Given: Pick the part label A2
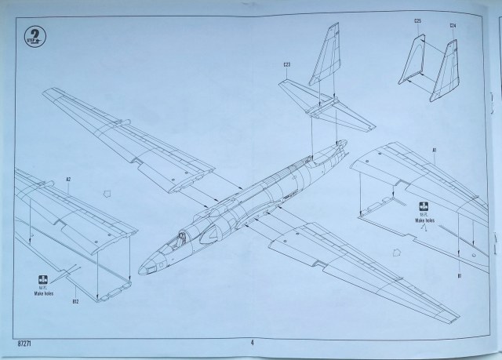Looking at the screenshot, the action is pyautogui.click(x=68, y=180).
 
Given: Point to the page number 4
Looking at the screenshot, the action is pyautogui.click(x=252, y=342).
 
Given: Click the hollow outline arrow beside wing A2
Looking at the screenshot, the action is pyautogui.click(x=105, y=191).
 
